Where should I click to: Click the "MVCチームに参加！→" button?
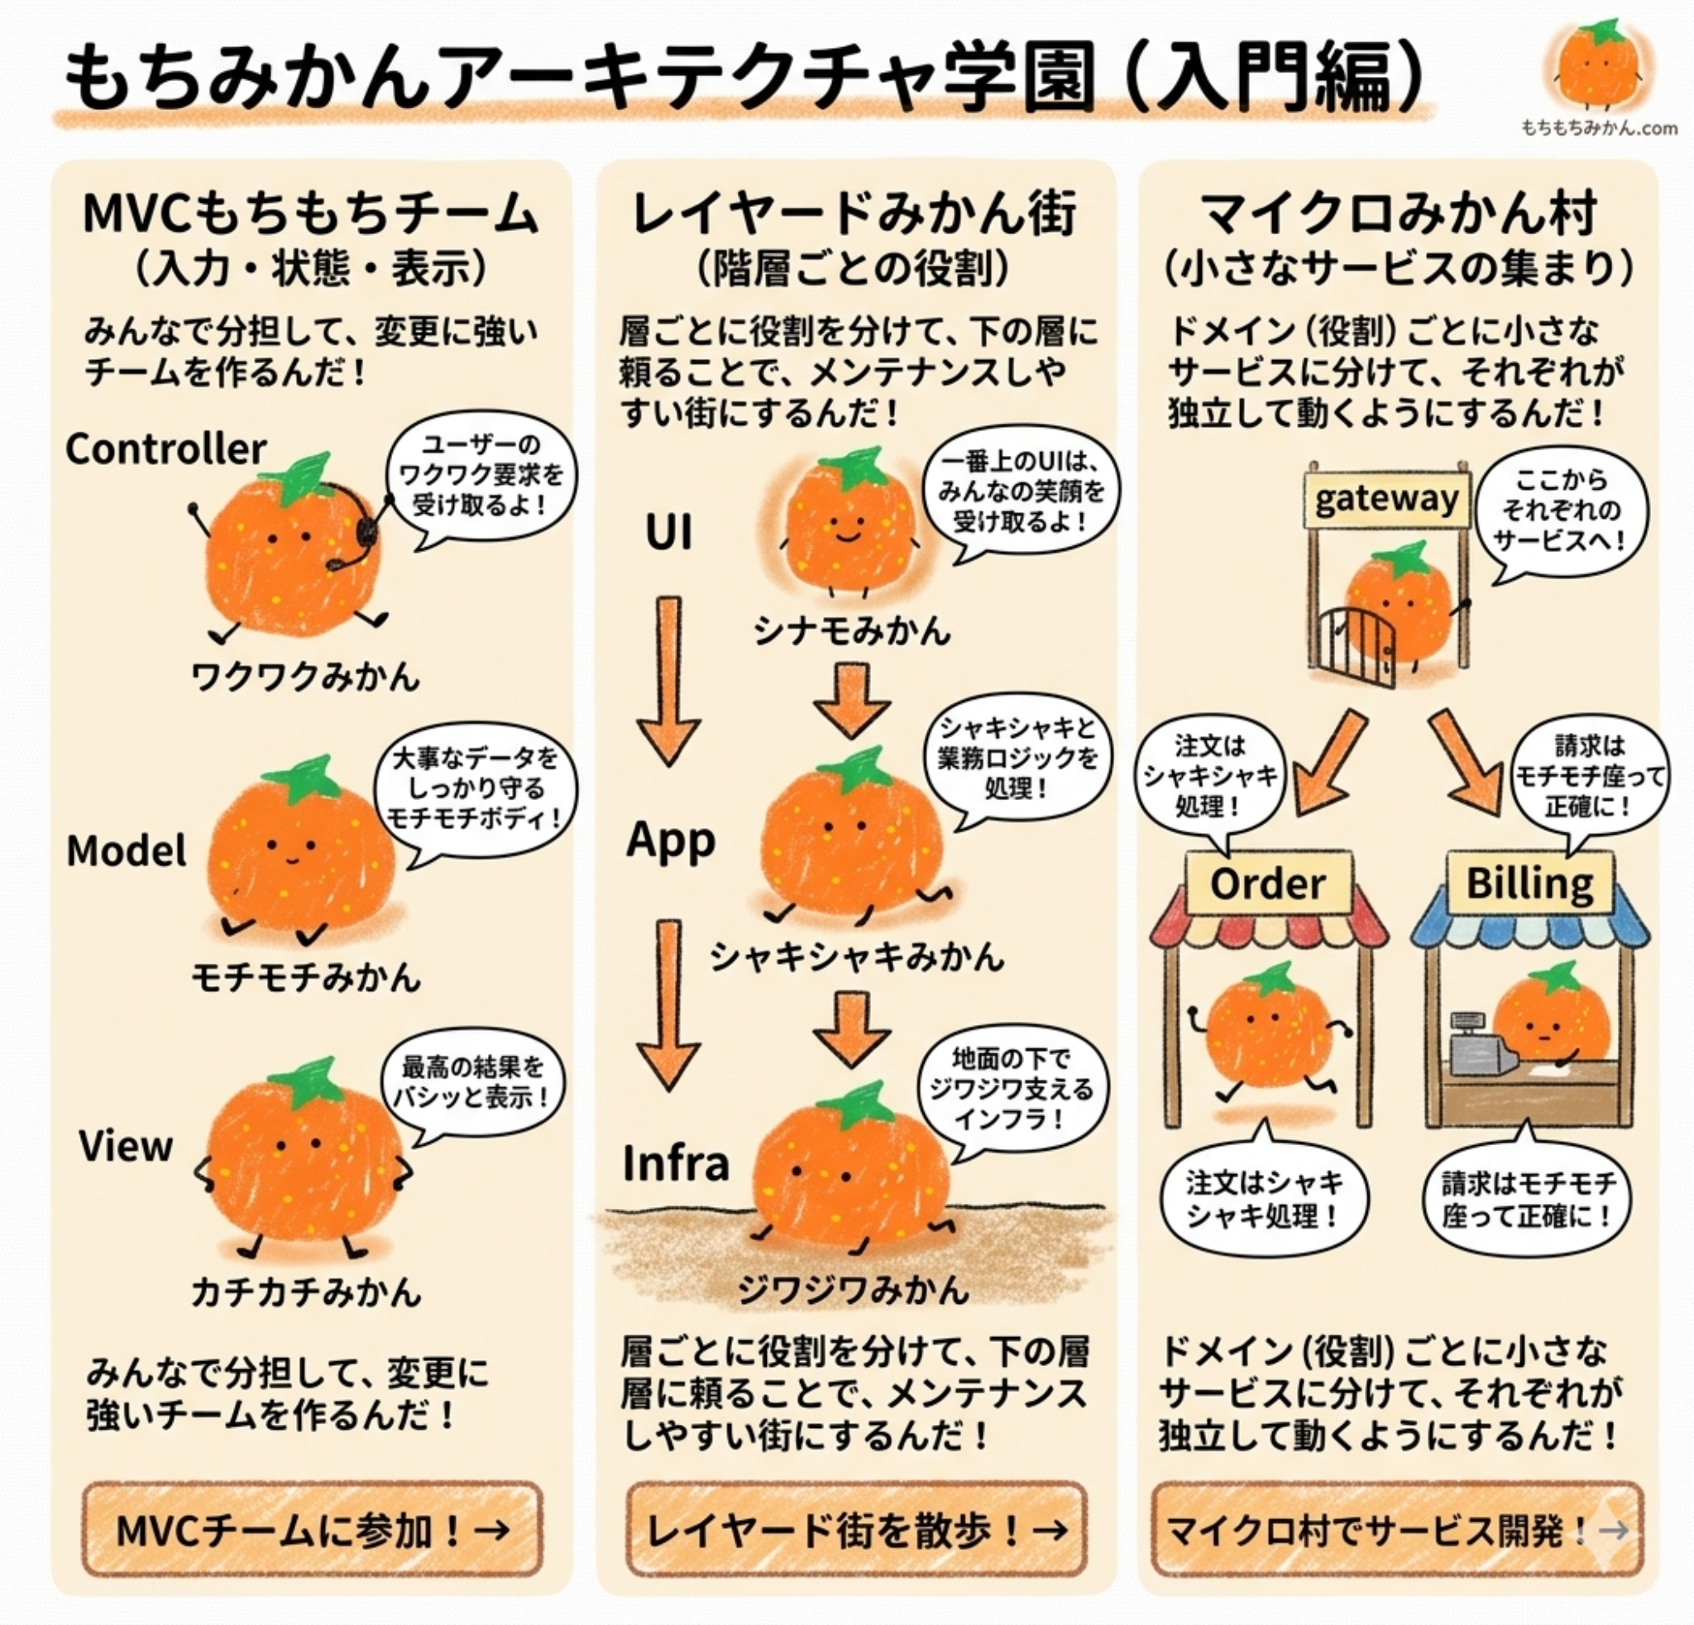pos(311,1530)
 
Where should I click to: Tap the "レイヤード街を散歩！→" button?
pos(855,1530)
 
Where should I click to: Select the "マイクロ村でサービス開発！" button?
pos(1396,1530)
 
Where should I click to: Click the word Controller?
pos(166,449)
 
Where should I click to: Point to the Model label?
pos(127,851)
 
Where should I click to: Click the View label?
pos(127,1146)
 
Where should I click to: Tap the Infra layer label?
pos(676,1163)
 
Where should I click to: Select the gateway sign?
pos(1386,499)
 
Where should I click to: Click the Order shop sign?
pos(1267,884)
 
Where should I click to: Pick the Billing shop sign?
pos(1529,884)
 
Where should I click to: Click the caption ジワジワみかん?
pos(852,1290)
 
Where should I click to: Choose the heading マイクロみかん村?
pos(1399,213)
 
